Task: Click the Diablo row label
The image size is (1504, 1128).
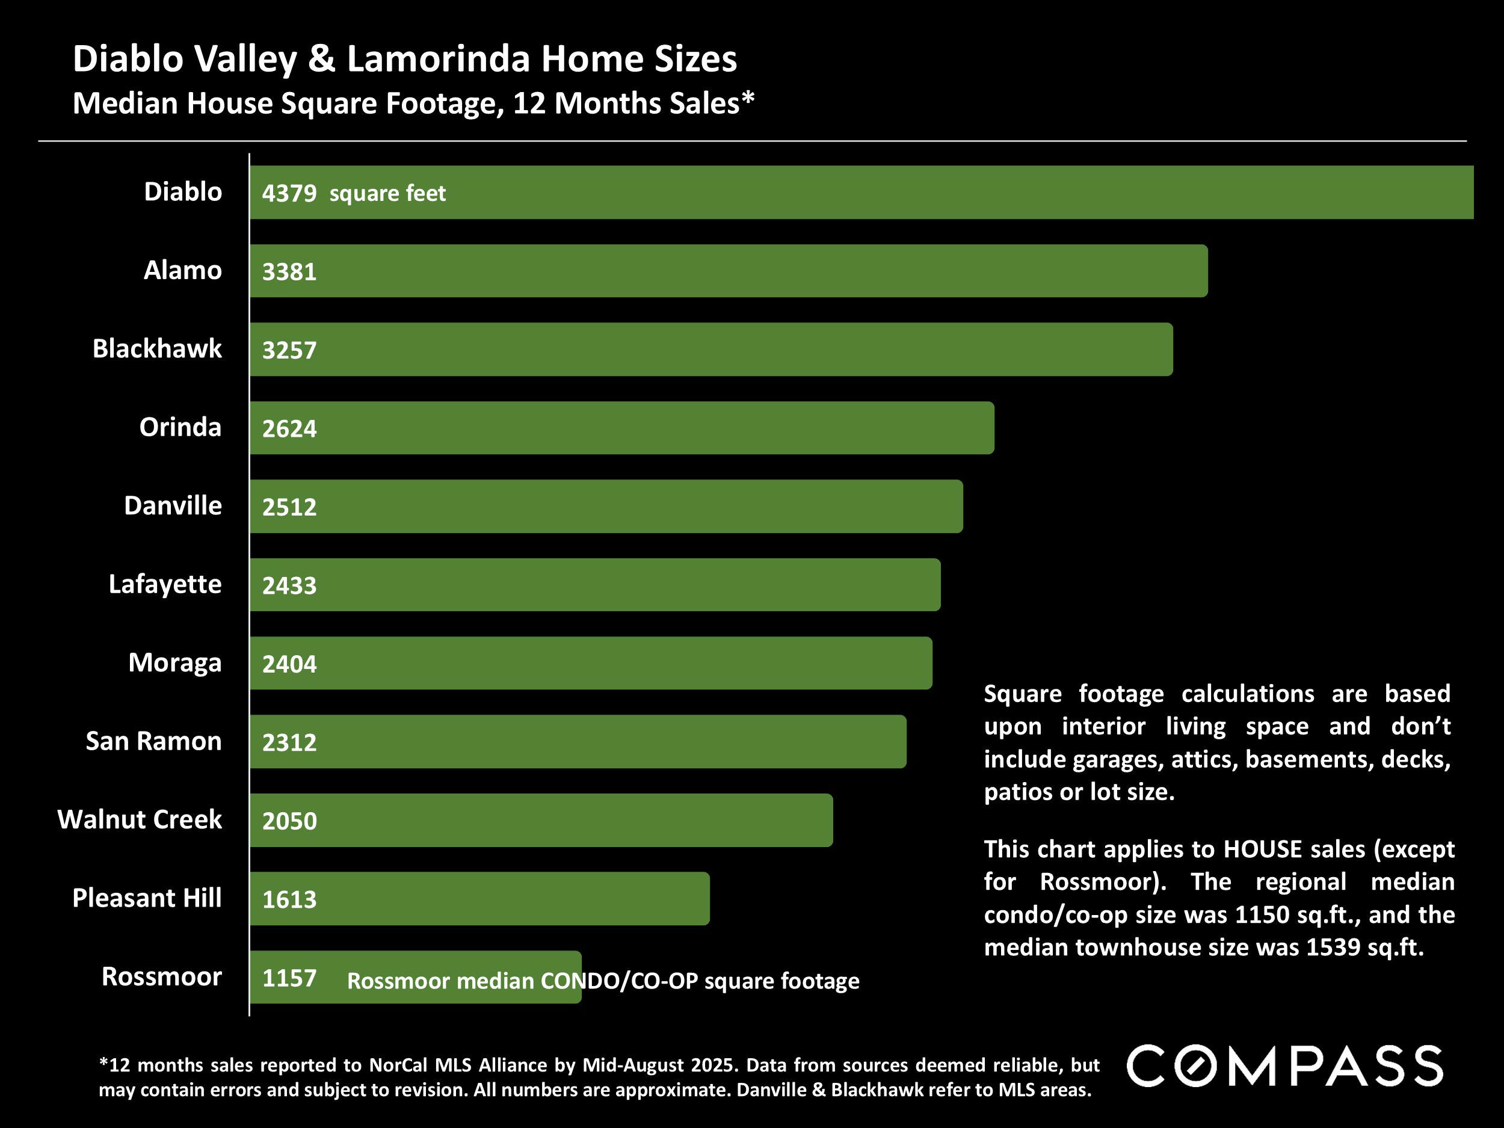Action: point(183,192)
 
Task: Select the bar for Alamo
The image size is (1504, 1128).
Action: point(727,271)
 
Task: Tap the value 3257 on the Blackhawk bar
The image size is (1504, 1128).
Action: point(289,350)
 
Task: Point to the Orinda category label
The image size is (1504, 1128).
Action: point(180,427)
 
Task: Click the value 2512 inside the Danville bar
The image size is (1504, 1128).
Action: point(289,507)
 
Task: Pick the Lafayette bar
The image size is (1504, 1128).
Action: point(595,585)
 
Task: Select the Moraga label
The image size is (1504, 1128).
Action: point(174,662)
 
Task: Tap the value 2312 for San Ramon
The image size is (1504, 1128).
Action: point(289,742)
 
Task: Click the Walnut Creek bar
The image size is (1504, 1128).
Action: point(541,820)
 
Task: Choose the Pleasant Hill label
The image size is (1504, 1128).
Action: point(147,898)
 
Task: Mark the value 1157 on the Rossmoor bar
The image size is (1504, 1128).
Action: point(289,978)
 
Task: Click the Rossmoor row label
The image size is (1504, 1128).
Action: point(162,976)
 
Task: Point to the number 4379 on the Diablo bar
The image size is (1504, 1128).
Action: point(289,193)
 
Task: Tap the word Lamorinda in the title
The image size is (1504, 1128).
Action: point(439,58)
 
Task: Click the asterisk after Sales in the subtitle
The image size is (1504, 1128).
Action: point(748,99)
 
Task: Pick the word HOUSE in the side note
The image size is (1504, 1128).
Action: point(1263,849)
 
